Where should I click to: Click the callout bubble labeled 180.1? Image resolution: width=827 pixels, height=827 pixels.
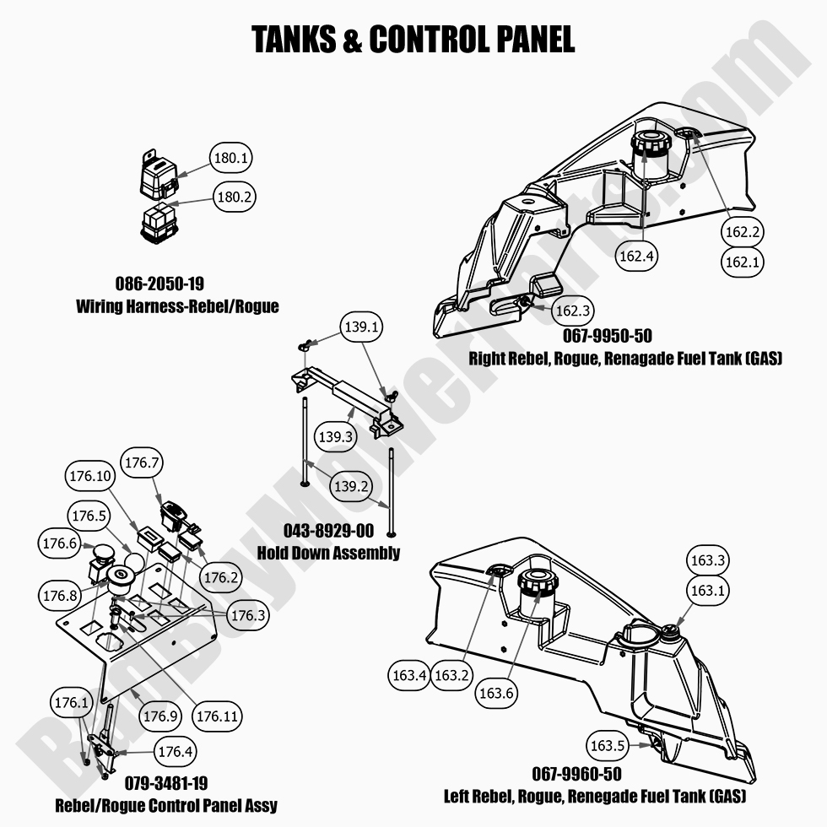tap(232, 158)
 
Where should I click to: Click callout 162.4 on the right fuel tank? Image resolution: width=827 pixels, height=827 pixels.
tap(636, 257)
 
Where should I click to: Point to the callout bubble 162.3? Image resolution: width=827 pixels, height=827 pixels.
tap(572, 311)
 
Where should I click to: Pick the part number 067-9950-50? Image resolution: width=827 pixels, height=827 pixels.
tap(608, 337)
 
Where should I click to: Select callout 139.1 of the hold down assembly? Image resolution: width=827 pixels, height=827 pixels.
tap(360, 326)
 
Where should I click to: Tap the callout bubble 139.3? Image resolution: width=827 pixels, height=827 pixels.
tap(336, 436)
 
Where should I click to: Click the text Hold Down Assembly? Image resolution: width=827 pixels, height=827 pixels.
tap(328, 553)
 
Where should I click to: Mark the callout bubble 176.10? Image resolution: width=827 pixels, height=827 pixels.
tap(88, 477)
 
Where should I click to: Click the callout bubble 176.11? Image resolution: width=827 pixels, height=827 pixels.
tap(218, 716)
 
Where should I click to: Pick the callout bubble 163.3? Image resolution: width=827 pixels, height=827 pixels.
tap(708, 560)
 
